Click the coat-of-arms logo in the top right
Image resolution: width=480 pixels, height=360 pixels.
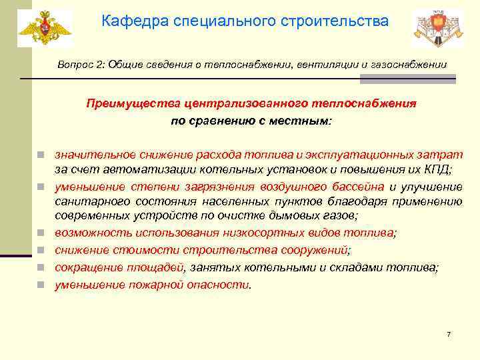coord(437,29)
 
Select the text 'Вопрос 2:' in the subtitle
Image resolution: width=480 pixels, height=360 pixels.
coord(77,64)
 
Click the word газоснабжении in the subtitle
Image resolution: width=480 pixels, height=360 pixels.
coord(414,64)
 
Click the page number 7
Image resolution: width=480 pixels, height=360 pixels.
coord(449,334)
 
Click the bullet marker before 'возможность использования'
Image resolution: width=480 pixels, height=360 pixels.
coord(41,233)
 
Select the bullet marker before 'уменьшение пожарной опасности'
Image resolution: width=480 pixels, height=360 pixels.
coord(41,285)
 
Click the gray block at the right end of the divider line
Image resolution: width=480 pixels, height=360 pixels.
coord(407,79)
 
